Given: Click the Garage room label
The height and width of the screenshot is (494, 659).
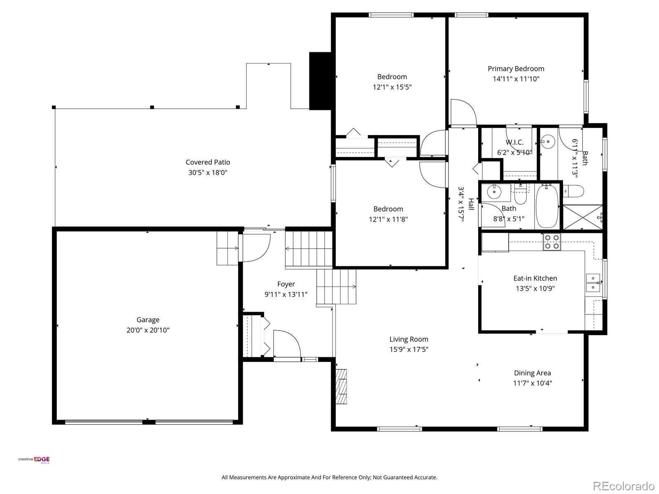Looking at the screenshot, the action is click(148, 320).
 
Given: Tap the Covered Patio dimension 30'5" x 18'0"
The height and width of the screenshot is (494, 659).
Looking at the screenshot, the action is click(208, 172).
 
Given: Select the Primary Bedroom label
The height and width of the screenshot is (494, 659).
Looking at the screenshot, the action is click(516, 69).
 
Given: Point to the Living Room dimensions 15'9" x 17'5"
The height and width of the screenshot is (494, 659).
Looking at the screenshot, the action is click(409, 349).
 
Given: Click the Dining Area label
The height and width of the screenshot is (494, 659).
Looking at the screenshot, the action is click(532, 373).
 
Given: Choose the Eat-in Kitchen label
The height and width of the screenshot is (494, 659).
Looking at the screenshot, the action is click(535, 278).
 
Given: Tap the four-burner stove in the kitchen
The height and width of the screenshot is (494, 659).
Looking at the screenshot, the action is click(552, 242).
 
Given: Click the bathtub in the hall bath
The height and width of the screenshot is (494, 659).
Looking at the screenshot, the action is click(547, 206).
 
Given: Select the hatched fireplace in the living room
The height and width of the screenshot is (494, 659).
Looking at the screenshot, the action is click(341, 386).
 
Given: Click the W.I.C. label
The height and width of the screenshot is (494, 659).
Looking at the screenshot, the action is click(514, 142).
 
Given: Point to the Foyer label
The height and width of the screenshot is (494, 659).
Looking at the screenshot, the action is click(286, 284).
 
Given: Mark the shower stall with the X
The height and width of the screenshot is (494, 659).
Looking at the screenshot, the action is click(582, 217).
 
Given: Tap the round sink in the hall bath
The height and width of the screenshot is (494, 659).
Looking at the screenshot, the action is click(493, 192).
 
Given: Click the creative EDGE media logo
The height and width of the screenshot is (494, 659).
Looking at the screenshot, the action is click(34, 459).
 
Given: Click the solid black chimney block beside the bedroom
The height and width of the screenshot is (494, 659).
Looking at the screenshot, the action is click(320, 81).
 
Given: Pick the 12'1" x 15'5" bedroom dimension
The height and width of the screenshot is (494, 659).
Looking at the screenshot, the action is click(392, 87).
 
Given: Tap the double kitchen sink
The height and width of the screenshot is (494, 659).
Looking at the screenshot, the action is click(593, 283).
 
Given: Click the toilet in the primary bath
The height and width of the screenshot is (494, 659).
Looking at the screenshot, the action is click(573, 191).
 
